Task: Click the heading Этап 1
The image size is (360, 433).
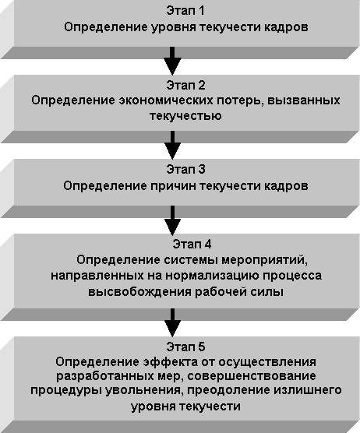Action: [x=185, y=11]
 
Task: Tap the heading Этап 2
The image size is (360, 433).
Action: [x=185, y=85]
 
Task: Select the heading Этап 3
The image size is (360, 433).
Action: [x=185, y=169]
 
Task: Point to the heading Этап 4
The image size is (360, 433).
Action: [x=192, y=244]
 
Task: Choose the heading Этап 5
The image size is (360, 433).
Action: [x=185, y=347]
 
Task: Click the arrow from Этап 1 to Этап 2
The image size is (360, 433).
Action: [x=172, y=61]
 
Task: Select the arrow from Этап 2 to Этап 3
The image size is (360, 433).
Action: [x=172, y=146]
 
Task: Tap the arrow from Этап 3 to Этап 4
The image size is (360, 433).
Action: [x=172, y=220]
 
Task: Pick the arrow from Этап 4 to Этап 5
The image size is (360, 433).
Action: [x=172, y=322]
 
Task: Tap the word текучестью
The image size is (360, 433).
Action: [x=185, y=116]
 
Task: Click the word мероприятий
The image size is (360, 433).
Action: [x=265, y=260]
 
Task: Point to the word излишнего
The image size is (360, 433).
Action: [x=308, y=391]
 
